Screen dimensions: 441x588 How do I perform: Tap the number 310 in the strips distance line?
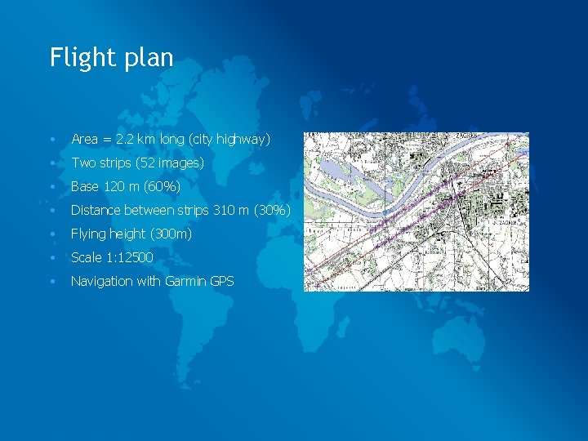click(x=223, y=211)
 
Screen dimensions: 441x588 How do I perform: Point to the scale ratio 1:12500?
click(x=126, y=258)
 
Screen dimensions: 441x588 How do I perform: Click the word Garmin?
click(x=185, y=282)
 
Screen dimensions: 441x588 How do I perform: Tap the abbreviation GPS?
click(x=222, y=282)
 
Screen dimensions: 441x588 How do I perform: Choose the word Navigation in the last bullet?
click(x=101, y=282)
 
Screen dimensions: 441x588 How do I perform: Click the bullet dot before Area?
click(x=51, y=140)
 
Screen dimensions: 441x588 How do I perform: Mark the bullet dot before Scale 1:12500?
click(x=51, y=258)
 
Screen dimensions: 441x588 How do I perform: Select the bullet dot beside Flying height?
click(x=51, y=234)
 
